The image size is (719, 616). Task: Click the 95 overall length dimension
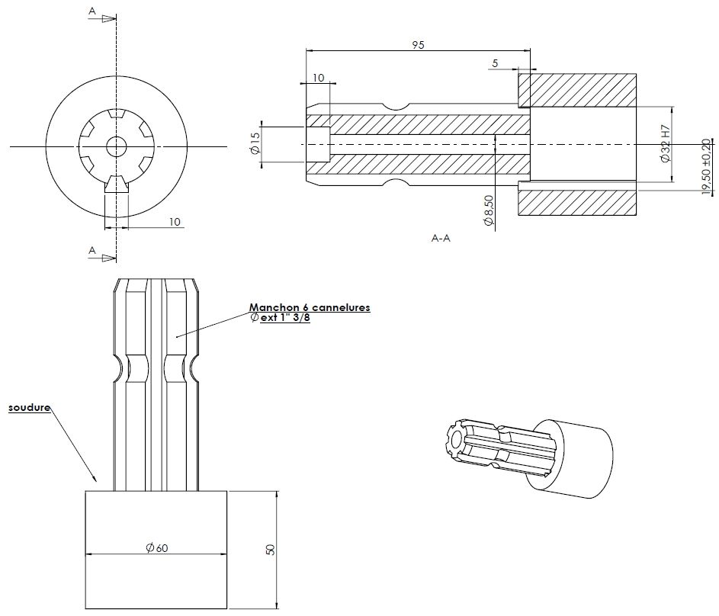click(x=417, y=45)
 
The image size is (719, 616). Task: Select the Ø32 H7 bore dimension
click(x=665, y=144)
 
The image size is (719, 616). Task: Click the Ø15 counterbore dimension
click(x=255, y=143)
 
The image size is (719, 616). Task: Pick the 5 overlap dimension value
click(x=495, y=64)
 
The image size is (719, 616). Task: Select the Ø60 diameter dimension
click(x=156, y=547)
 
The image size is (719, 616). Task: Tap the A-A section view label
click(x=441, y=239)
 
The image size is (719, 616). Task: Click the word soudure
click(x=29, y=408)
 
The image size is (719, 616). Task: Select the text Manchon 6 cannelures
click(x=309, y=307)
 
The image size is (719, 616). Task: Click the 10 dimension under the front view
click(x=175, y=222)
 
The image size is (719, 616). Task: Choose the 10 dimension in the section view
click(x=318, y=78)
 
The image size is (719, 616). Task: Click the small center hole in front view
click(x=116, y=145)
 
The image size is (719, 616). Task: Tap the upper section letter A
click(x=92, y=11)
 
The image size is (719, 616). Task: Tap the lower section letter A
click(x=92, y=250)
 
